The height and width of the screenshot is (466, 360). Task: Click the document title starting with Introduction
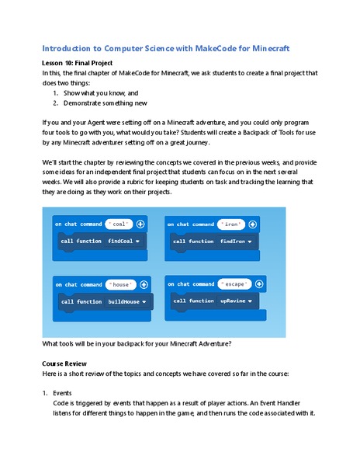[165, 48]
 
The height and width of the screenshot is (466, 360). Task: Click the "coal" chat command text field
[119, 224]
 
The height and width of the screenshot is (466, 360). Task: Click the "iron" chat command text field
[231, 224]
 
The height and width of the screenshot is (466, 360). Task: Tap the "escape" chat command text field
[234, 284]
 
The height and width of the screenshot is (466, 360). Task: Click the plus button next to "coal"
[140, 224]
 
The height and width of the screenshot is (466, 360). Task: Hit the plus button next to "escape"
[257, 284]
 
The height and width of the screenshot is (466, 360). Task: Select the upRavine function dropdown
[253, 301]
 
